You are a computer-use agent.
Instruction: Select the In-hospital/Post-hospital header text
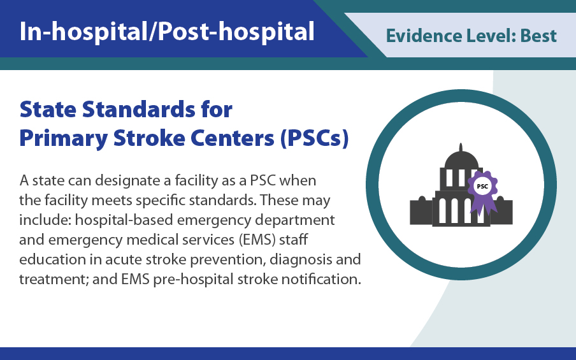(x=167, y=31)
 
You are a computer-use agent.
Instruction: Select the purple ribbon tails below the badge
(x=482, y=205)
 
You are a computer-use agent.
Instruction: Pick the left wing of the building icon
(x=421, y=212)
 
